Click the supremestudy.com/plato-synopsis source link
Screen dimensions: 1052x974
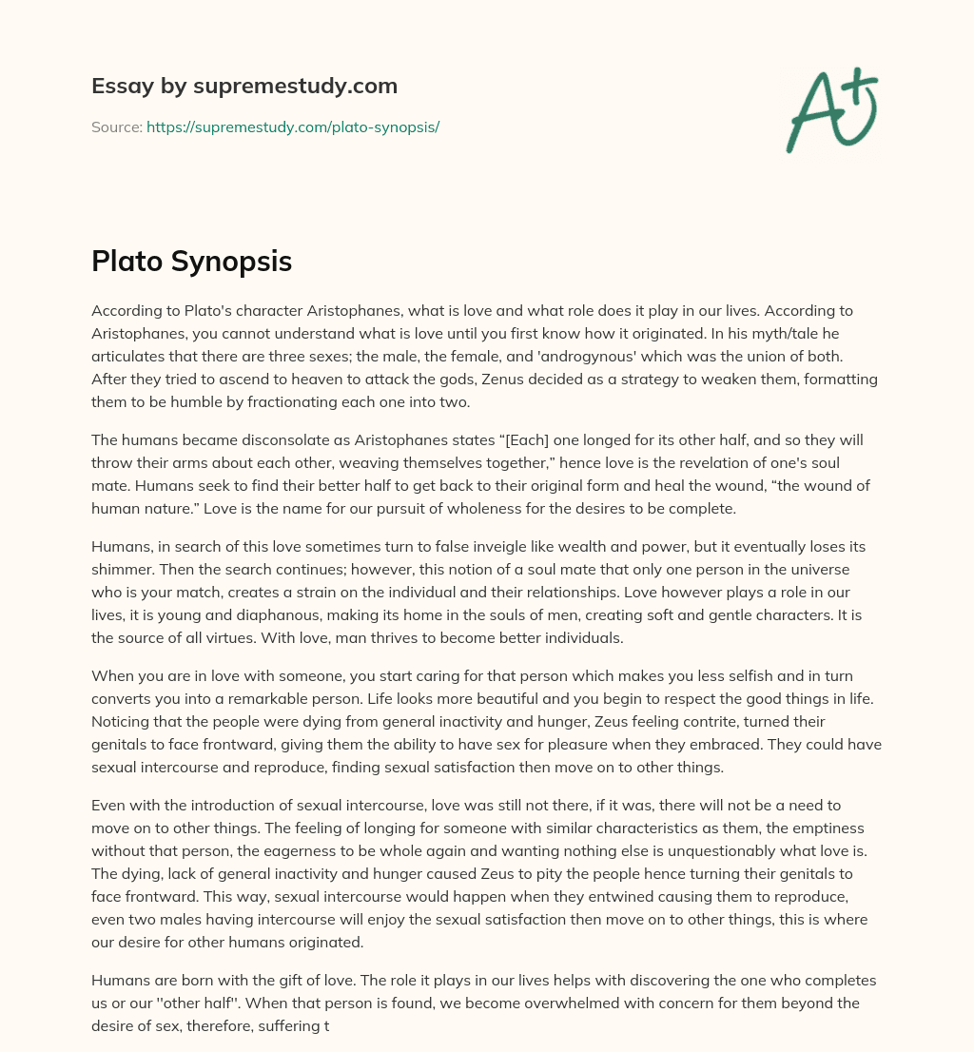pos(293,127)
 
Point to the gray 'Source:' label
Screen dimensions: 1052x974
pos(116,127)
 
